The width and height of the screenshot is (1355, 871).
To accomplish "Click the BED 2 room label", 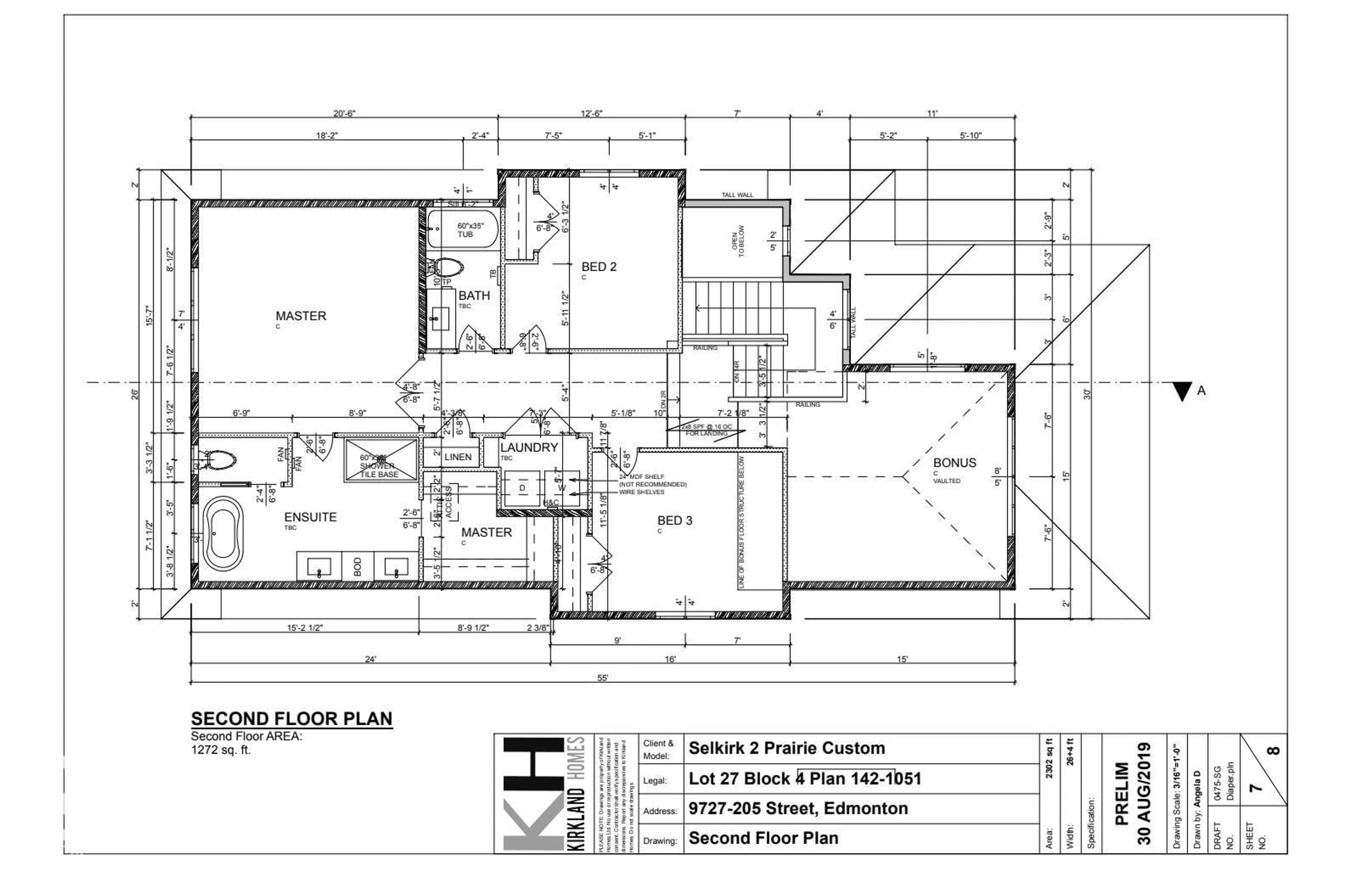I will point(598,267).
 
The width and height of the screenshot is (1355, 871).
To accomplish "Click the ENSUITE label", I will point(310,517).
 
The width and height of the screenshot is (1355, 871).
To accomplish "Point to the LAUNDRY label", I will point(529,447).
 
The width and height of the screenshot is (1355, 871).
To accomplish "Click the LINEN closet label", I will point(458,457).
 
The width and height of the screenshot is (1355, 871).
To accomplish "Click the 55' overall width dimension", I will point(603,678).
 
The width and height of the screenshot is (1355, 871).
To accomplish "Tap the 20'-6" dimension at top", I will point(344,114).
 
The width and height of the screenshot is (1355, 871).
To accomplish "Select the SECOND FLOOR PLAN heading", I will point(291,719).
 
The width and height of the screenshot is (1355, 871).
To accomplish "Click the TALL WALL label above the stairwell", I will point(737,195).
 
